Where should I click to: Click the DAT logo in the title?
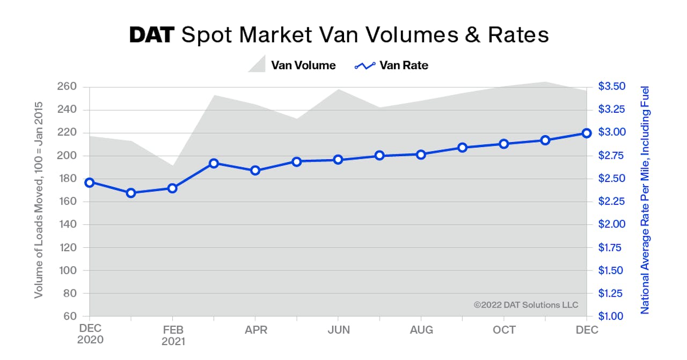tap(152, 35)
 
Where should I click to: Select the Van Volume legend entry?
tap(292, 65)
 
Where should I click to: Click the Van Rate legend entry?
tap(391, 65)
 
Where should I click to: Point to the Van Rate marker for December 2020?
tap(90, 183)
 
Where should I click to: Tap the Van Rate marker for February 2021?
tap(172, 188)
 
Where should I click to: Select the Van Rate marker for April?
tap(255, 171)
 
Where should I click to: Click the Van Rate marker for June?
tap(338, 159)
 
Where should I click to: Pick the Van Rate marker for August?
tap(421, 155)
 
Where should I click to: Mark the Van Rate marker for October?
tap(504, 144)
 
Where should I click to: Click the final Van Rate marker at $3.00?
tap(587, 133)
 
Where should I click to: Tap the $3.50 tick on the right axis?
tap(611, 87)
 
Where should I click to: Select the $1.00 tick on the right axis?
tap(611, 317)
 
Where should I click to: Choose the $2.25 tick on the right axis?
tap(611, 202)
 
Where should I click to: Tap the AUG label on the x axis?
tap(421, 330)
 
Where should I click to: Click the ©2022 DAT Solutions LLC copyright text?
tap(525, 305)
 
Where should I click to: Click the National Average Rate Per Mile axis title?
tap(645, 200)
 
